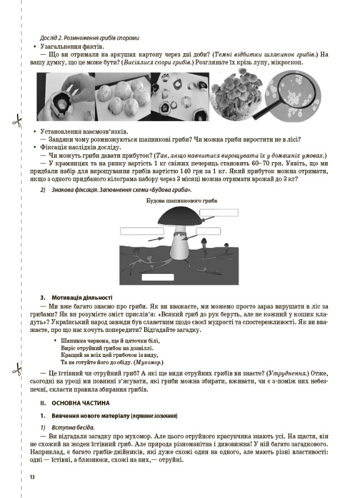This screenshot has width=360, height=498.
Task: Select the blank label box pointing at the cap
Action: [x=223, y=212]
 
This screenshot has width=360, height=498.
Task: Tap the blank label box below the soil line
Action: [x=157, y=277]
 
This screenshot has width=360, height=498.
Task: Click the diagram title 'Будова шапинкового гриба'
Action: [x=182, y=200]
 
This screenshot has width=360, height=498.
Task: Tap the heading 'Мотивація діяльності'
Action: [x=82, y=297]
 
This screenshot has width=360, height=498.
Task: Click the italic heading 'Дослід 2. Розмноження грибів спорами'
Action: [x=90, y=38]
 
